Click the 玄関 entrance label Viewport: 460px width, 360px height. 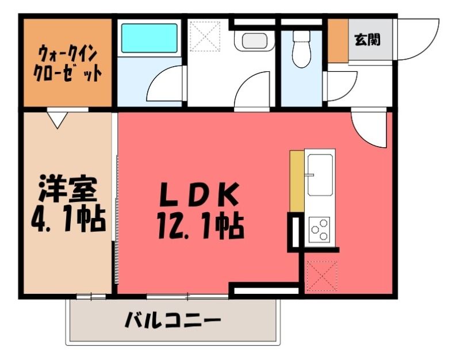367,39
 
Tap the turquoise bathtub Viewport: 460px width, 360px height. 149,38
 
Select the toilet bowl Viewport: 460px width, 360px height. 301,49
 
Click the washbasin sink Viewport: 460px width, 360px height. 254,41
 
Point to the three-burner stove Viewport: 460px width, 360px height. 320,229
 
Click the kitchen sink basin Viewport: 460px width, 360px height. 320,175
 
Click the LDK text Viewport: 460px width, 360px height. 198,194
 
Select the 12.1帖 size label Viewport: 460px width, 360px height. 200,227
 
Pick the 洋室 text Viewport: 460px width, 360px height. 68,189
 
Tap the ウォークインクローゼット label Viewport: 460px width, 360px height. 68,63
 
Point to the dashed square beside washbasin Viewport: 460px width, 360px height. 205,36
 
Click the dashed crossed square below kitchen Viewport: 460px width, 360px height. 322,276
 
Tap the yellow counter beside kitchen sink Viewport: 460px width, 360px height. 297,181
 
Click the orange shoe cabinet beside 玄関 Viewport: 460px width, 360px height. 338,40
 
